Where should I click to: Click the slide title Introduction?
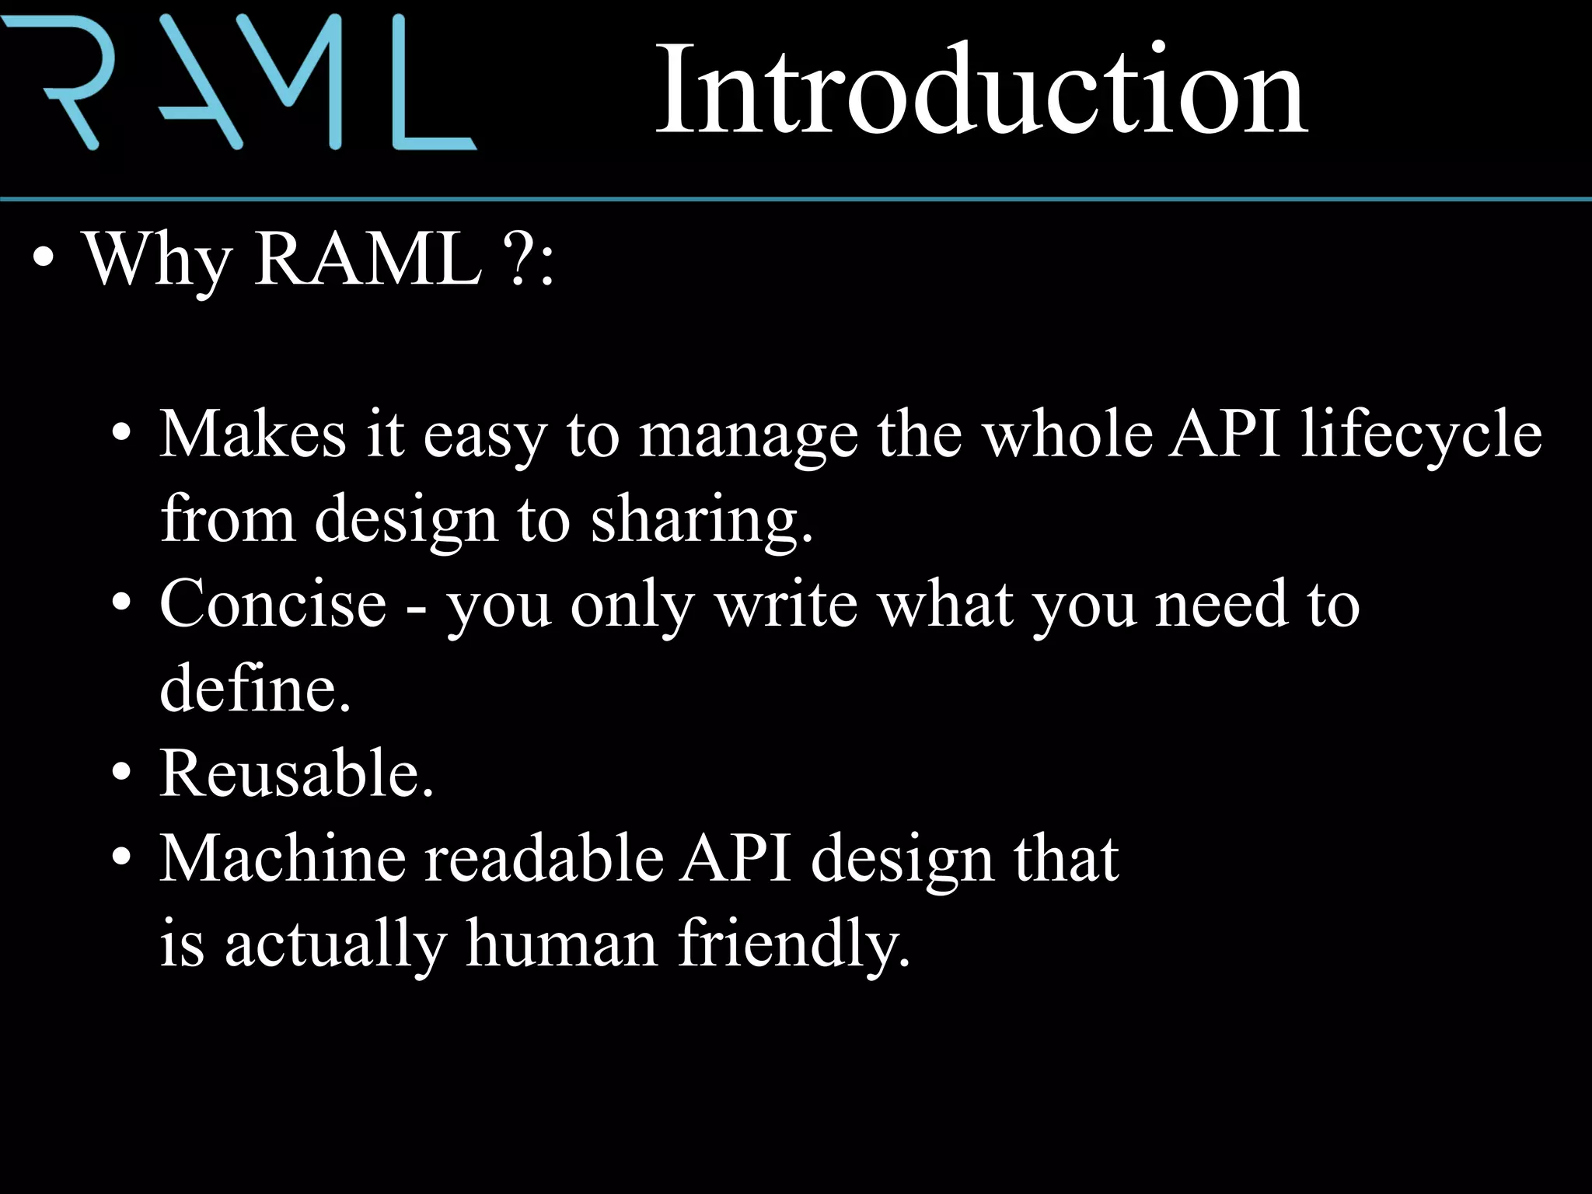pyautogui.click(x=981, y=89)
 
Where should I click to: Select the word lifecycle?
pyautogui.click(x=1422, y=435)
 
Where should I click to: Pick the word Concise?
pyautogui.click(x=273, y=604)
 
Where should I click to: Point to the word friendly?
pyautogui.click(x=793, y=944)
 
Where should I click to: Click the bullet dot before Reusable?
pyautogui.click(x=121, y=774)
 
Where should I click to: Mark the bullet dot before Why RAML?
pyautogui.click(x=44, y=260)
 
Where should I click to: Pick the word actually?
pyautogui.click(x=335, y=944)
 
